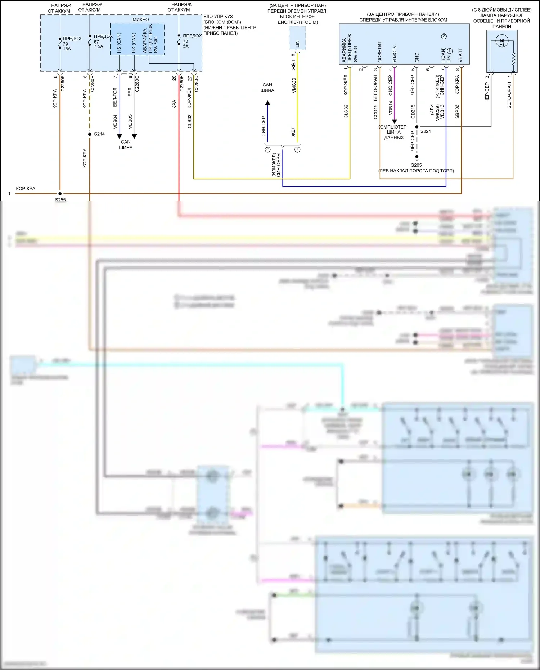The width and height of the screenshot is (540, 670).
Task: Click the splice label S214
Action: [99, 134]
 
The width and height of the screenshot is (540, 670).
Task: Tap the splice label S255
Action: [60, 199]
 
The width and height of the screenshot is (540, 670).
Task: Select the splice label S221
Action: [426, 132]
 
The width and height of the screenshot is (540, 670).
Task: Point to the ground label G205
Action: [416, 165]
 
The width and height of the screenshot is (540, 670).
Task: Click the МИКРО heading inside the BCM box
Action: [140, 20]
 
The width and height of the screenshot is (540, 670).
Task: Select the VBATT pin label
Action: [460, 55]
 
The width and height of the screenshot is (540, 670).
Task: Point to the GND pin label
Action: [417, 57]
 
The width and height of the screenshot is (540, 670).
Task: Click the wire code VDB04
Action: [115, 122]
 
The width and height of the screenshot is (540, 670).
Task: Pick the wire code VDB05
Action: [130, 122]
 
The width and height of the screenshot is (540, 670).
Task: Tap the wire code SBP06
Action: [457, 112]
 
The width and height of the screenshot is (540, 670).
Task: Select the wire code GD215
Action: [413, 112]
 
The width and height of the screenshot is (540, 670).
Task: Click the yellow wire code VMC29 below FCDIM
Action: [294, 85]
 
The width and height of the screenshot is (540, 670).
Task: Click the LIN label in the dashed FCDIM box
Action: [297, 44]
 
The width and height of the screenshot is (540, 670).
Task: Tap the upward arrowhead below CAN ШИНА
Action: [267, 103]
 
